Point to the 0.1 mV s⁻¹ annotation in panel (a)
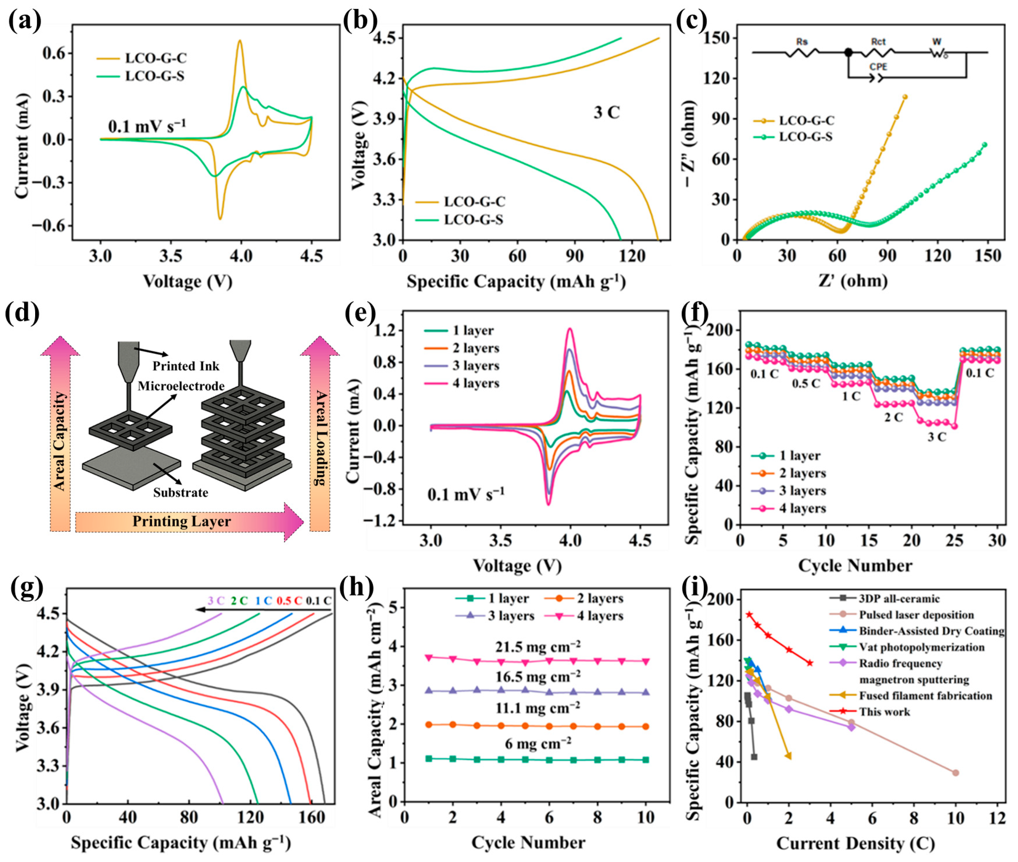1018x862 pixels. coord(147,126)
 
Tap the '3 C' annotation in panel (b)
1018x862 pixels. coord(606,113)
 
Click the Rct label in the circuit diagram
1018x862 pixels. coord(878,42)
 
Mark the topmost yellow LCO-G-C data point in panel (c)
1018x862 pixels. coord(905,97)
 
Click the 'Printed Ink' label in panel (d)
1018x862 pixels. coord(186,366)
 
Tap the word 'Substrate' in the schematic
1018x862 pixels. coord(180,492)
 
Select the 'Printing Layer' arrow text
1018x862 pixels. coord(182,522)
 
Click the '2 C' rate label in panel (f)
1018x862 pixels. coord(893,417)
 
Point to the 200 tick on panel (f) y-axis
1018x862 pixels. coord(720,330)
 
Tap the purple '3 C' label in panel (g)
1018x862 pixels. coord(216,601)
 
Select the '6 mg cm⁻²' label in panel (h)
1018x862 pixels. coord(538,743)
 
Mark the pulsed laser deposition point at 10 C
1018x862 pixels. coord(956,773)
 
